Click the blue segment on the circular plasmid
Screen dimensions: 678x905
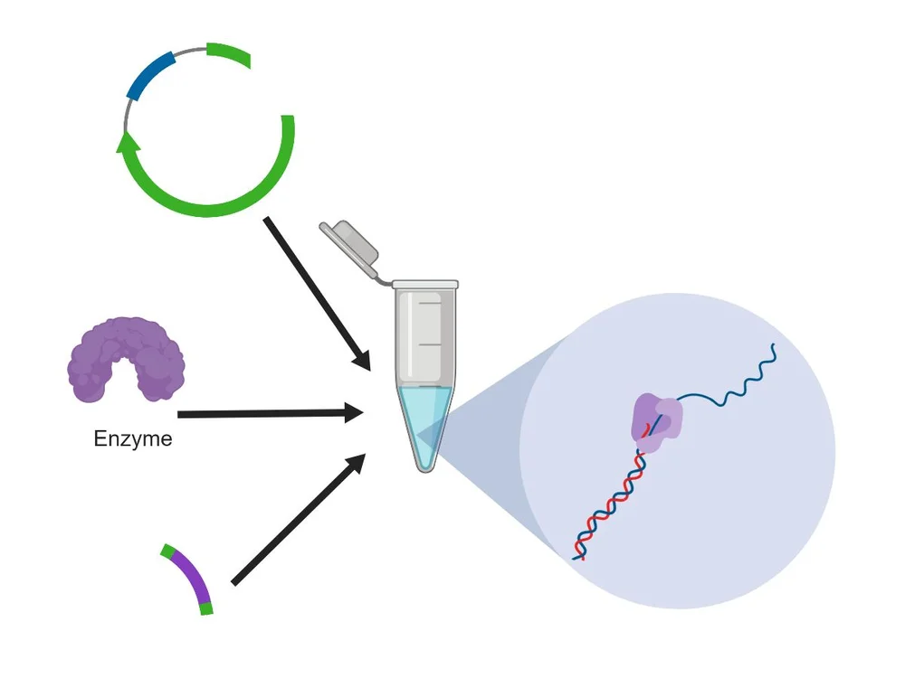click(x=150, y=75)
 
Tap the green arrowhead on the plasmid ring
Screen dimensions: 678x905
click(x=129, y=141)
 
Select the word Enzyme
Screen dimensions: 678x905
click(x=133, y=440)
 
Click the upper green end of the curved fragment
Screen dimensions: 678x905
click(x=167, y=550)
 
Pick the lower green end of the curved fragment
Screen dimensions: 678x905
click(x=206, y=609)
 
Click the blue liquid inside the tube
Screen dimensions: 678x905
click(x=424, y=416)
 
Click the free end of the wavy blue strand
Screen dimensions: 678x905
click(x=774, y=345)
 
